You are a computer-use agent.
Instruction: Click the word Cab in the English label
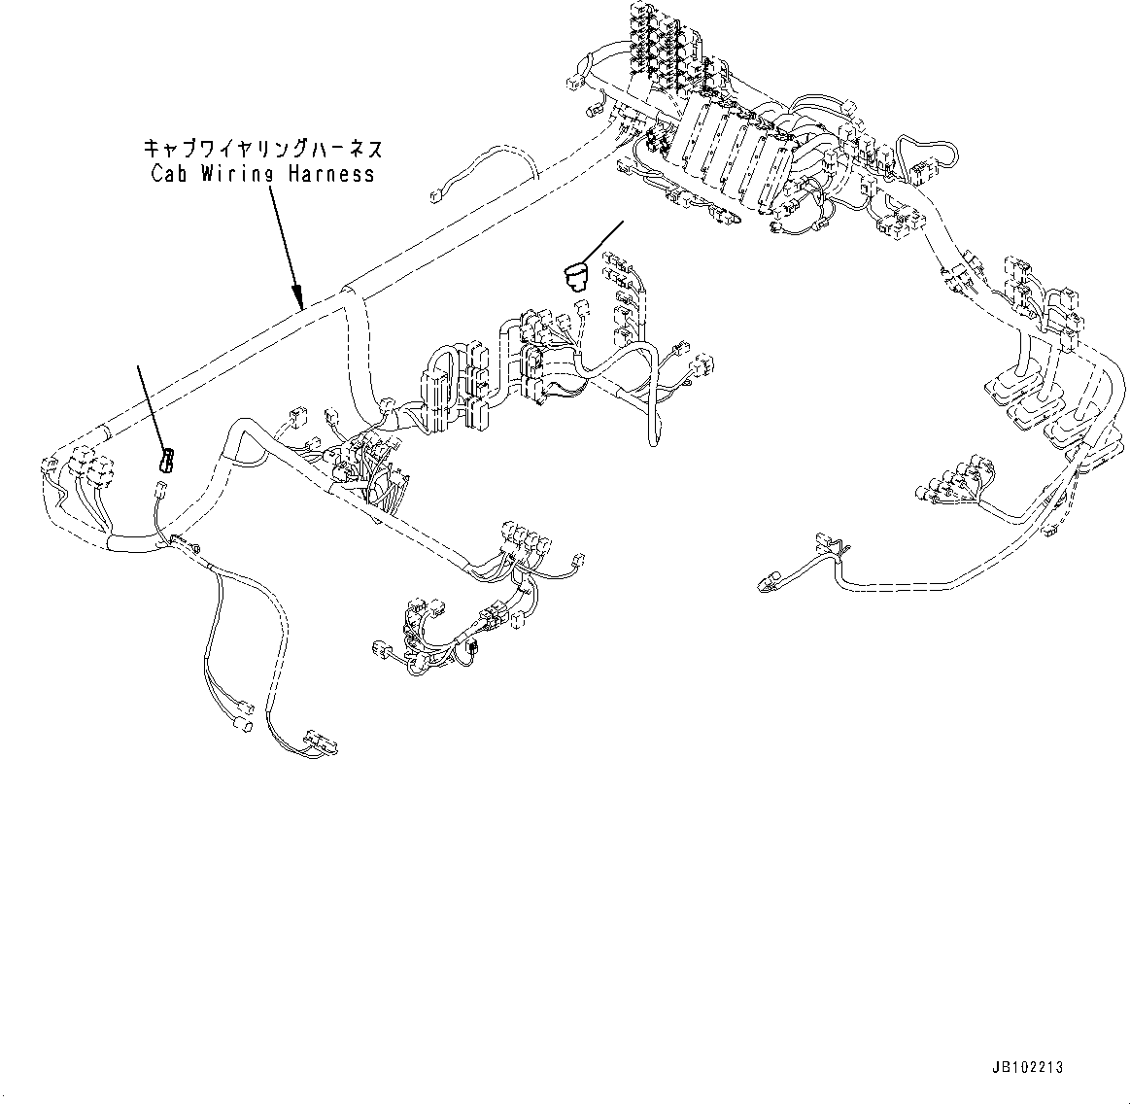(172, 175)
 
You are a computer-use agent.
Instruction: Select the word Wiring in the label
(238, 175)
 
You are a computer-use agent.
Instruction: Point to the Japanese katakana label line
(262, 149)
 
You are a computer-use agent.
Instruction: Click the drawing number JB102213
(1028, 1067)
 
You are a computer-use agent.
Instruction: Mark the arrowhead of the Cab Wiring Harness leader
(300, 301)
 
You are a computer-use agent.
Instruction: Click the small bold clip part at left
(166, 460)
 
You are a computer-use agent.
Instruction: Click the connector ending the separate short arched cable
(434, 198)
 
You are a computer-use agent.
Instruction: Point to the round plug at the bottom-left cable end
(246, 726)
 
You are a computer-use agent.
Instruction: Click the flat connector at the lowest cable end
(318, 742)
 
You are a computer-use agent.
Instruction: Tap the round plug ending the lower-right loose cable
(766, 583)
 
